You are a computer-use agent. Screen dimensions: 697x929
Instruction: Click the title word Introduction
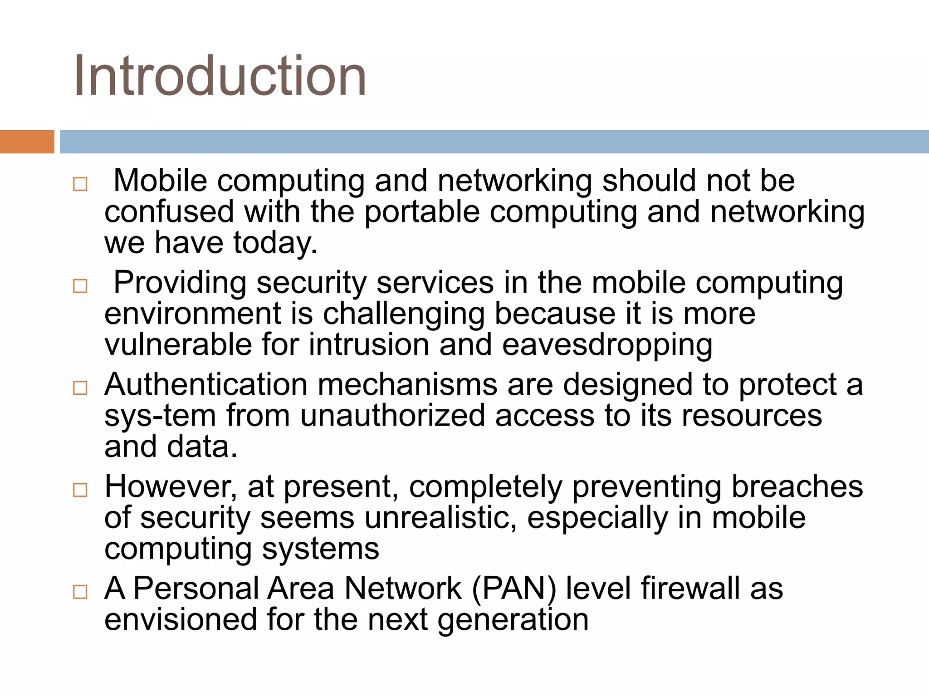[220, 76]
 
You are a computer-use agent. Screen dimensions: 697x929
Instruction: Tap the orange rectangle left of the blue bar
[27, 142]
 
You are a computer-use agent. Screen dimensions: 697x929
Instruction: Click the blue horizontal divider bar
[494, 142]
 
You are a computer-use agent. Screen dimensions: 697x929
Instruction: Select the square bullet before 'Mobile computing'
[80, 184]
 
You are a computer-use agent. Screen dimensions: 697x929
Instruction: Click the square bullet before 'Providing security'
[80, 286]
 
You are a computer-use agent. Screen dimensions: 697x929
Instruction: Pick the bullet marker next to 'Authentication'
[80, 388]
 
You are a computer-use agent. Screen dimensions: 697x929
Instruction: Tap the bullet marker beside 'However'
[80, 490]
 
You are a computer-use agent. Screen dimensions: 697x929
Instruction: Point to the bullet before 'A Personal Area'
[80, 592]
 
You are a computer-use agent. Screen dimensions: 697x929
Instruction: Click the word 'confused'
[169, 211]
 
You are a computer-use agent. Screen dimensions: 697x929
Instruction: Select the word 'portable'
[422, 212]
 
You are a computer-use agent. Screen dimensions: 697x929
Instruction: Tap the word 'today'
[274, 243]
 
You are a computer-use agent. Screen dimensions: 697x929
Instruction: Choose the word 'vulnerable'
[178, 344]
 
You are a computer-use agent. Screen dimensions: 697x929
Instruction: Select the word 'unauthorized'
[393, 416]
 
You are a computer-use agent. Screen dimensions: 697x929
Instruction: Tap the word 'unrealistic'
[440, 518]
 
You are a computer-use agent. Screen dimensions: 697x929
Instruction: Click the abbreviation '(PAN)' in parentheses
[514, 589]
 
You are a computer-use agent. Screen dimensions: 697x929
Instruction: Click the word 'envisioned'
[181, 620]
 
